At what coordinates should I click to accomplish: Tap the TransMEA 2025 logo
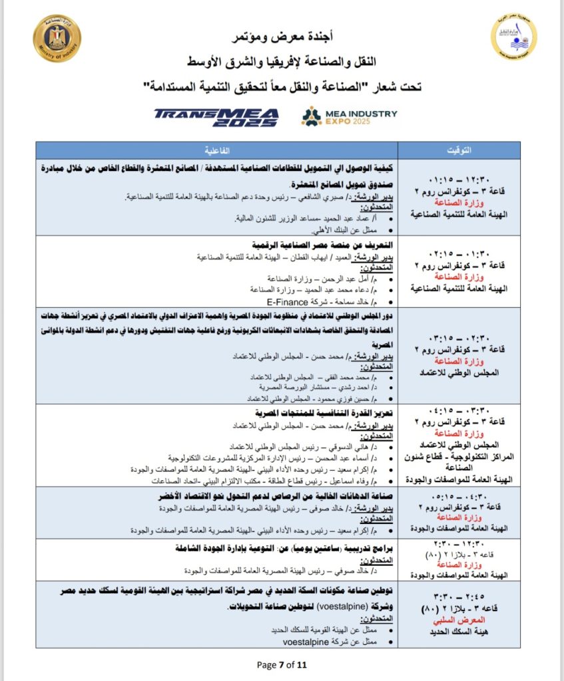216,117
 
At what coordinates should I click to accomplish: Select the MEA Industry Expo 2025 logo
349,116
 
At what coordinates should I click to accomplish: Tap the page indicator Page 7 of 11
282,664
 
